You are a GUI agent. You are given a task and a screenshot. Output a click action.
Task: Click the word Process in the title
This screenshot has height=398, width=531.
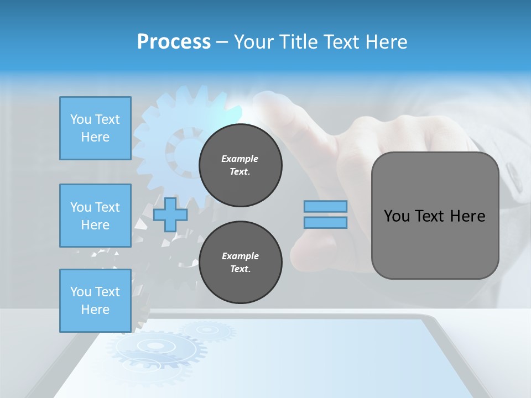pos(174,42)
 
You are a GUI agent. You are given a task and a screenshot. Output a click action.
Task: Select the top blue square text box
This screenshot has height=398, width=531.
pos(95,128)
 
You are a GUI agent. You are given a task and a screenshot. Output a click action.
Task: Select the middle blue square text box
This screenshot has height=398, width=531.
pos(95,216)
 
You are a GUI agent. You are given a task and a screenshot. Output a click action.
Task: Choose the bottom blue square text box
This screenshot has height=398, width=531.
pos(95,301)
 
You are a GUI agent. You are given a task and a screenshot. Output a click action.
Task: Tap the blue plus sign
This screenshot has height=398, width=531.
pos(170,214)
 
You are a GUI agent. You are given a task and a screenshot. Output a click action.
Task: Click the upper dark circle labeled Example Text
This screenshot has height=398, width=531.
pos(240,165)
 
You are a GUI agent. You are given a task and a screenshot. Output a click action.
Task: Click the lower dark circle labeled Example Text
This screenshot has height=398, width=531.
pos(240,263)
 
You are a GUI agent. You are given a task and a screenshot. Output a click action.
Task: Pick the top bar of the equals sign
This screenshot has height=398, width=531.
pos(325,206)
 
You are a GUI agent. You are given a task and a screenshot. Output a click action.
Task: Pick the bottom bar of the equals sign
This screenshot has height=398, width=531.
pos(325,223)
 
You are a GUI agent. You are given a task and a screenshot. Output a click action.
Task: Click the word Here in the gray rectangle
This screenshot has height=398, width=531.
pos(467,216)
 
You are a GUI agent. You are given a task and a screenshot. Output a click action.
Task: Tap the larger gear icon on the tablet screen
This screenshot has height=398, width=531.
pos(155,347)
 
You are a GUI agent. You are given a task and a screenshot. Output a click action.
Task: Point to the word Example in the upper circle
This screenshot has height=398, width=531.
pos(240,159)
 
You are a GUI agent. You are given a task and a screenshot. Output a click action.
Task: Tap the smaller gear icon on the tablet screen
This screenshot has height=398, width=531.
pos(207,331)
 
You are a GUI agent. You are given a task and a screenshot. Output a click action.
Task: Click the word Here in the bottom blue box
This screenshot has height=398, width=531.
pos(95,310)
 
